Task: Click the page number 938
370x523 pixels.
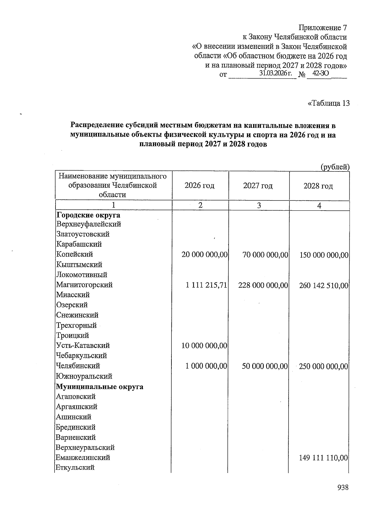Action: tap(343, 488)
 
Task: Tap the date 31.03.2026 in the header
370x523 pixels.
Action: tap(275, 73)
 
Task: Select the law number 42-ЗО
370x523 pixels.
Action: tap(321, 73)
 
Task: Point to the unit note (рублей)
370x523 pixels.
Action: tap(335, 167)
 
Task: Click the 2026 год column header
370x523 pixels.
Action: tap(199, 186)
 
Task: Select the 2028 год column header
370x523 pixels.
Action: tap(318, 186)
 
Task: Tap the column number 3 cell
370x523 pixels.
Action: tap(259, 205)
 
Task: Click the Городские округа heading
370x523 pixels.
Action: tap(88, 215)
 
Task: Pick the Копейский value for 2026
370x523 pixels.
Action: tap(205, 255)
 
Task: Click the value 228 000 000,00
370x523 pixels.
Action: tap(263, 285)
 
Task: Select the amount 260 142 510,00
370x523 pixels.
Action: tap(323, 286)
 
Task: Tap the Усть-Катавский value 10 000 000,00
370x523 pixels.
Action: tap(204, 346)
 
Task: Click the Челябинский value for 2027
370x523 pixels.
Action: tap(265, 366)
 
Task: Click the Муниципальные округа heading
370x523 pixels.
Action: tap(99, 387)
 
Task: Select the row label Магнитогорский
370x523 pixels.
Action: tap(84, 285)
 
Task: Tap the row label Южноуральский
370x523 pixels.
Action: tap(84, 376)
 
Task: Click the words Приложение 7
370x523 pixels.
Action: tap(324, 27)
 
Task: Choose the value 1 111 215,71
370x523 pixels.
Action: tap(206, 285)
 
